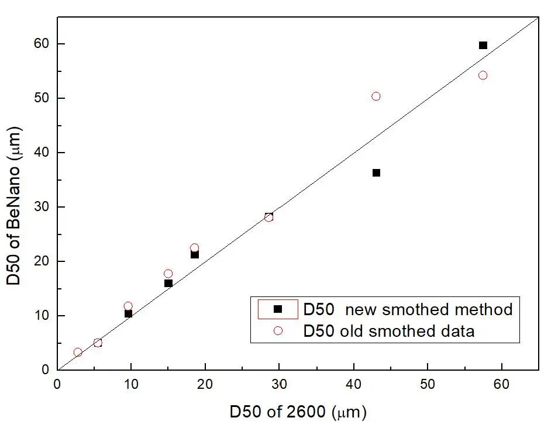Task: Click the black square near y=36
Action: point(376,172)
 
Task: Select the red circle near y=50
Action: point(376,96)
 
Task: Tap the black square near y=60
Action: point(483,45)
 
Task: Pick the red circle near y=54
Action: point(483,75)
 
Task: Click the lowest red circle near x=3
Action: point(78,352)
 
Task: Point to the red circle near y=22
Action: point(194,248)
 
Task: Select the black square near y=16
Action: point(168,283)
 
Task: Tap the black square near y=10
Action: point(128,313)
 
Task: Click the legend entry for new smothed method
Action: point(408,309)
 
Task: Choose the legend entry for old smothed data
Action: point(388,331)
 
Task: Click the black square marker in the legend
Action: point(278,309)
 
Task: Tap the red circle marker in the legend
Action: point(278,331)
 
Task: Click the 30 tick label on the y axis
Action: point(42,207)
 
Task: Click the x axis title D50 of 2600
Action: point(298,412)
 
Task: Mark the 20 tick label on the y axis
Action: point(42,261)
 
